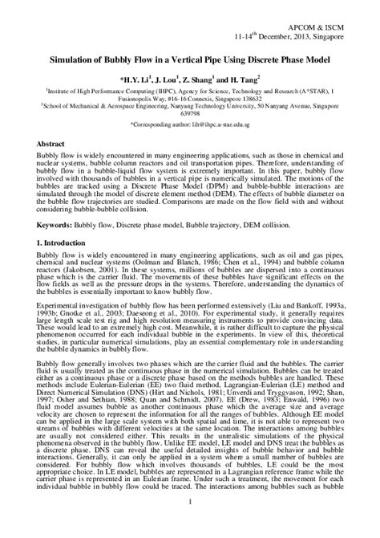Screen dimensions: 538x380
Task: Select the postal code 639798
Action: point(190,113)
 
